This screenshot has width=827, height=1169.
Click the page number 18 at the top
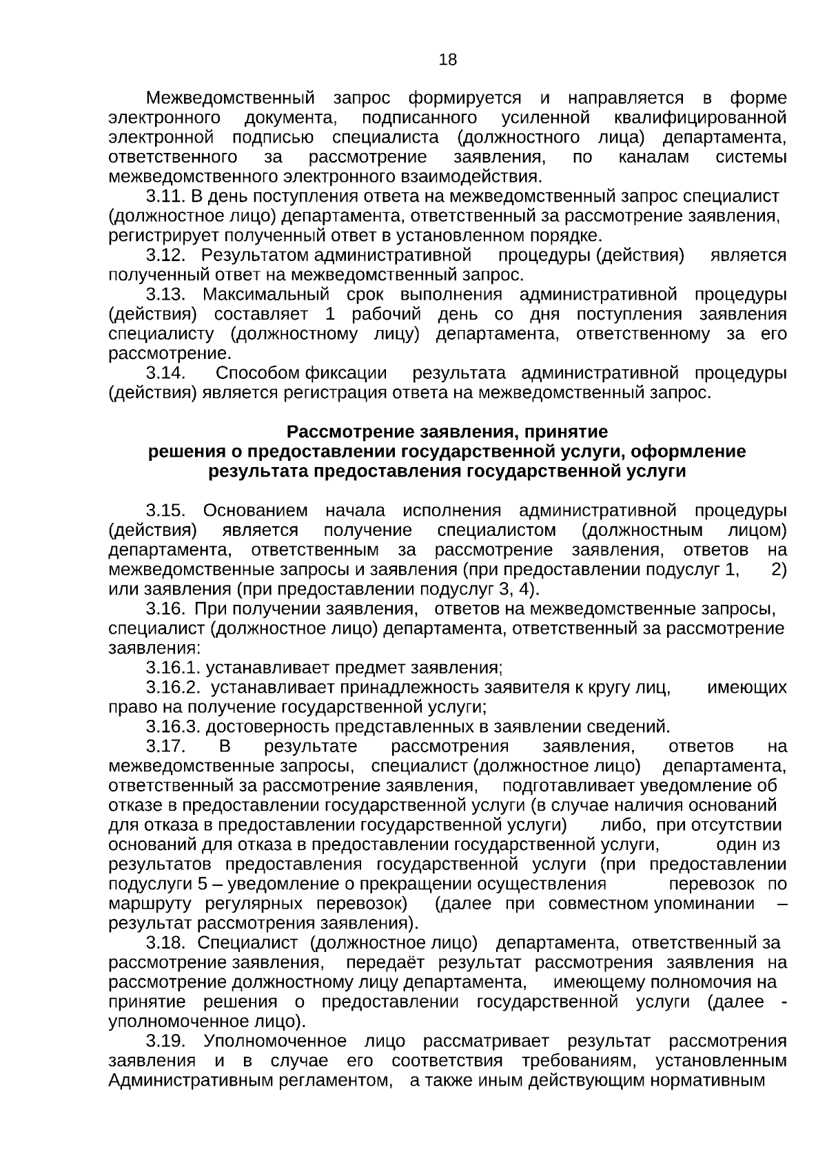coord(447,60)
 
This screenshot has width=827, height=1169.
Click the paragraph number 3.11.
coord(165,196)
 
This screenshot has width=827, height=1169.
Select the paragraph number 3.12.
coord(165,256)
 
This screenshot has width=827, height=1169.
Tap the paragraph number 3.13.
coord(165,295)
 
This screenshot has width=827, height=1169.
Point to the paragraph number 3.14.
coord(165,373)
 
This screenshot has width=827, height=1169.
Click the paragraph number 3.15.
coord(165,510)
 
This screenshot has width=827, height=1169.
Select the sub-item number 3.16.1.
coord(173,668)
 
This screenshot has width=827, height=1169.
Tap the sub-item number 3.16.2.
coord(173,687)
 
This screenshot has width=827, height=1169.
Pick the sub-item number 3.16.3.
coord(173,727)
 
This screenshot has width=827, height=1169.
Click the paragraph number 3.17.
coord(165,747)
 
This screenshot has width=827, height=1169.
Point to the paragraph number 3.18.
coord(165,942)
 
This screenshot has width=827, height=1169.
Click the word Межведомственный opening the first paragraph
coord(230,99)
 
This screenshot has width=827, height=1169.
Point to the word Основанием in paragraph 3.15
coord(256,510)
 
